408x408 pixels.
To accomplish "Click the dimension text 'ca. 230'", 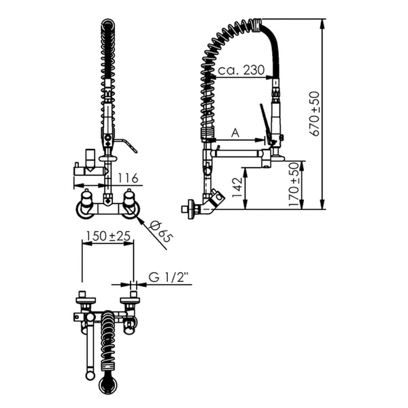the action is tap(241, 70).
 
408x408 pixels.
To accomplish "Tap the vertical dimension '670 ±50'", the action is tap(315, 114).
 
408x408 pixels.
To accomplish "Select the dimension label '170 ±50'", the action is tap(294, 184).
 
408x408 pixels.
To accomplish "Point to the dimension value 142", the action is tap(237, 188).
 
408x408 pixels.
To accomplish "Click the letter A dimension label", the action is tap(235, 133).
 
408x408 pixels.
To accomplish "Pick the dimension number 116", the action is tap(128, 178).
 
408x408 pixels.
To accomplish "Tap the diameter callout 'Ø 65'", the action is tap(162, 232).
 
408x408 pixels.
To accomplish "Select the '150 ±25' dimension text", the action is tap(108, 236).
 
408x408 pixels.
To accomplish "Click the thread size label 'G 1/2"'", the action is tap(168, 277).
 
